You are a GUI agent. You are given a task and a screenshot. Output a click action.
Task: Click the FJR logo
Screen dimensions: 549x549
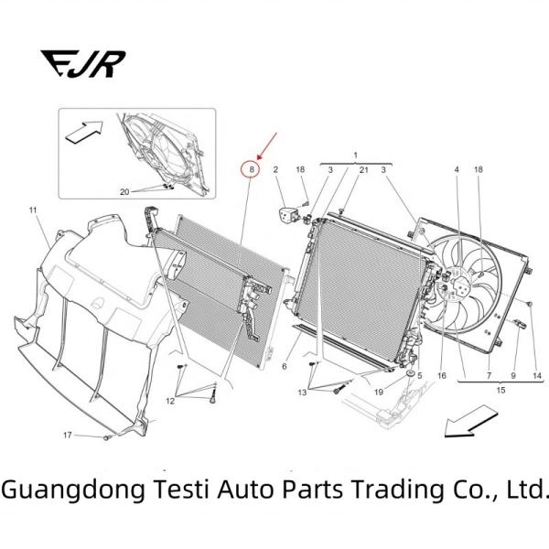coord(83,62)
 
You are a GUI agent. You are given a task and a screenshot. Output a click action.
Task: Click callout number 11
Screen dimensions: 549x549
coord(32,211)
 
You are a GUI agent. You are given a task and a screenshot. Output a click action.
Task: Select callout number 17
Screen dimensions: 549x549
coord(67,435)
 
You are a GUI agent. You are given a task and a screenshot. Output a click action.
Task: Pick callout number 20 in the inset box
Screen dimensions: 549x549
coord(126,191)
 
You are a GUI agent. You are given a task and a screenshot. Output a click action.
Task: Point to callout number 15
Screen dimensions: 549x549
coord(501,391)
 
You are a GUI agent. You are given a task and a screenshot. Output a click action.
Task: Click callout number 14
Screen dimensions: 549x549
coord(537,375)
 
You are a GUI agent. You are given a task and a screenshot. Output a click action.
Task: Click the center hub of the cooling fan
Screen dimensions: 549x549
coord(457,287)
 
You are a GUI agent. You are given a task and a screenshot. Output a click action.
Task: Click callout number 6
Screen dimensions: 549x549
coord(285,366)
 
